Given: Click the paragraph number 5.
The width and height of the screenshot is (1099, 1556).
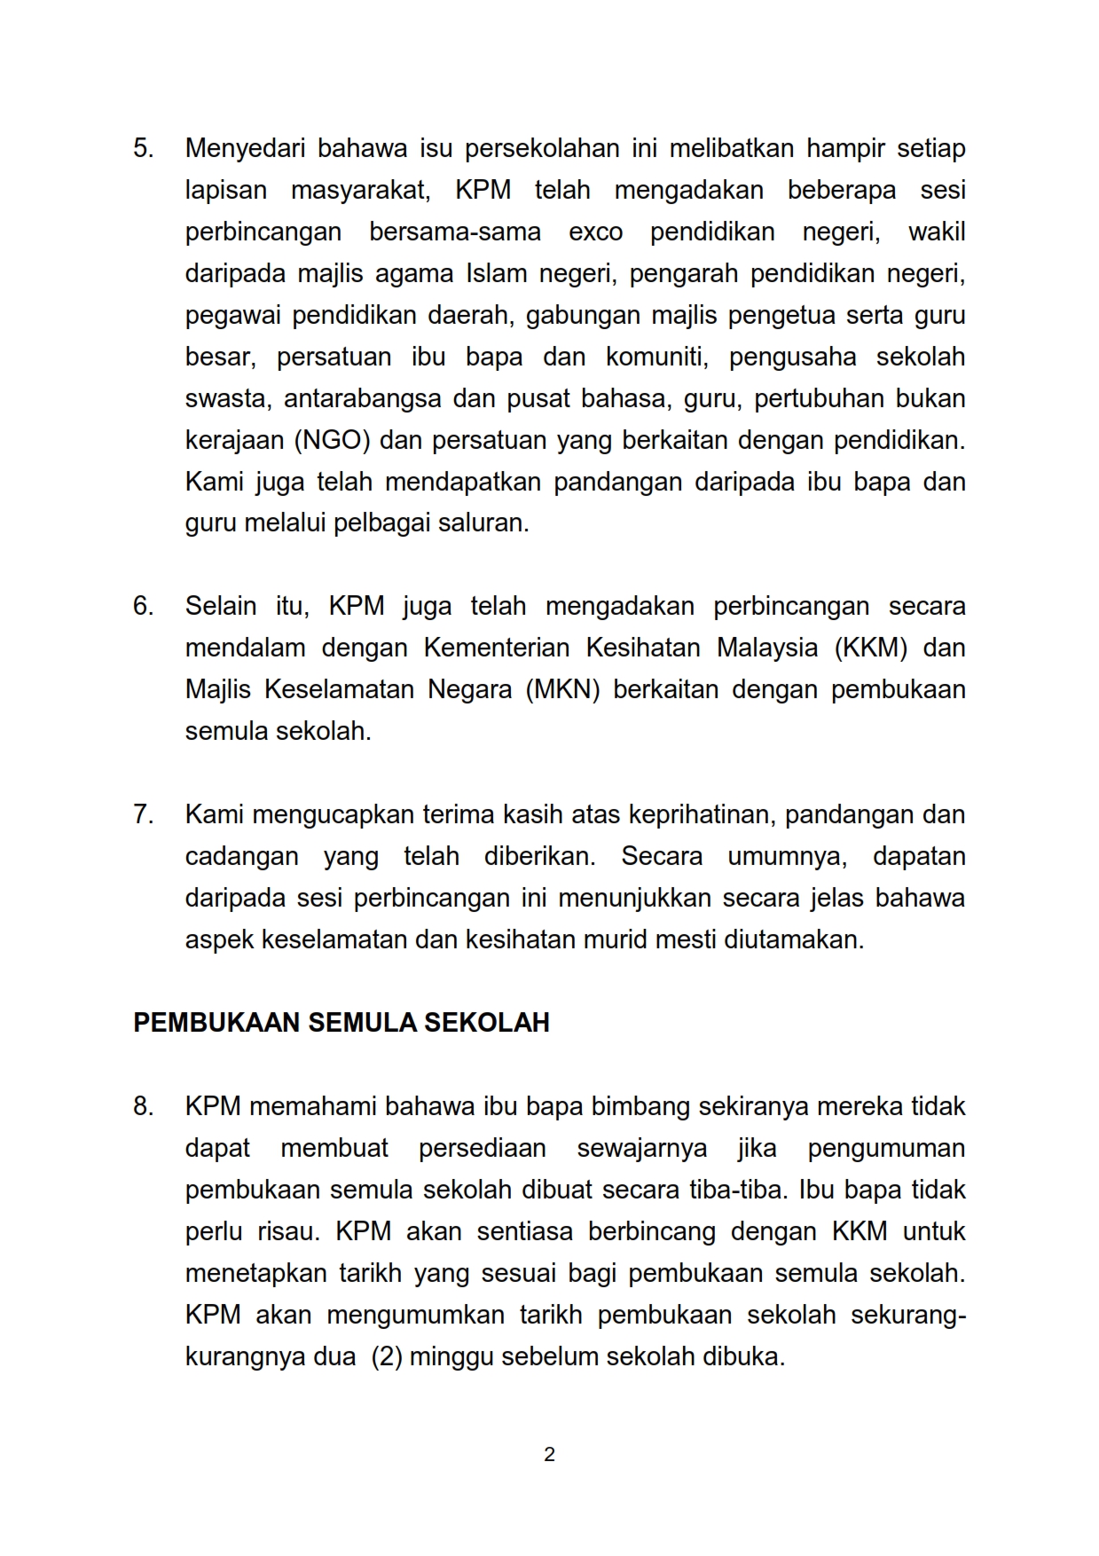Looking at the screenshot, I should coord(143,148).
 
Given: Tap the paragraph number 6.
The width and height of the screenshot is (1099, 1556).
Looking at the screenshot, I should coord(143,607).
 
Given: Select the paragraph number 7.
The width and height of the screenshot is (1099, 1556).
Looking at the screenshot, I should coord(143,815).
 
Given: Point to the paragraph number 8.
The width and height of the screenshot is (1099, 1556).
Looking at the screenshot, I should coord(143,1107).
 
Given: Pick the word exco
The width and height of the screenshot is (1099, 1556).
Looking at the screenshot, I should coord(595,232).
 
